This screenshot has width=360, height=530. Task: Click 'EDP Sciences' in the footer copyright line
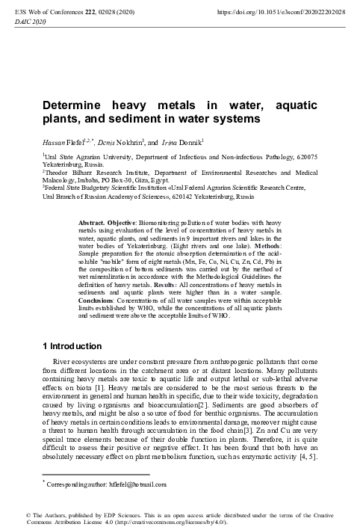pyautogui.click(x=115, y=515)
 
